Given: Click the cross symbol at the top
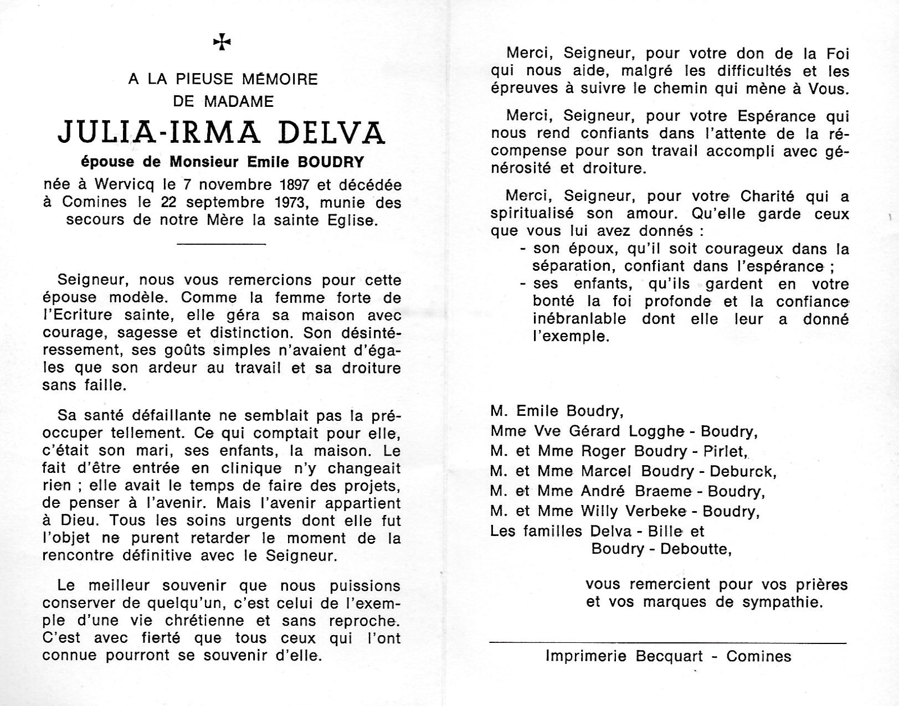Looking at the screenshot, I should [222, 42].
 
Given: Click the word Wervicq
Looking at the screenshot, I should [120, 184].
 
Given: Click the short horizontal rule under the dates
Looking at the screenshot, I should [221, 244].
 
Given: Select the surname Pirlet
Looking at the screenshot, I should [725, 451].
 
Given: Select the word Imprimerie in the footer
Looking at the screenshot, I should [585, 656].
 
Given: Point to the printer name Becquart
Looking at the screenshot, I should [669, 656].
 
